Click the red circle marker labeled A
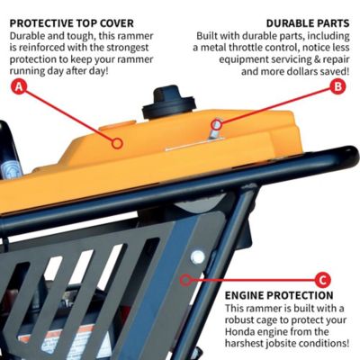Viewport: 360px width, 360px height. click(20, 87)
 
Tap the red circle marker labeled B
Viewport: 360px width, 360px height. click(338, 86)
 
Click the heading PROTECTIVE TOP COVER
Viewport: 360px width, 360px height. click(73, 22)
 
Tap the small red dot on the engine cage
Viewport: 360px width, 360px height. click(184, 279)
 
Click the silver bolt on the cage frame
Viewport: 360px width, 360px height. click(196, 257)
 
